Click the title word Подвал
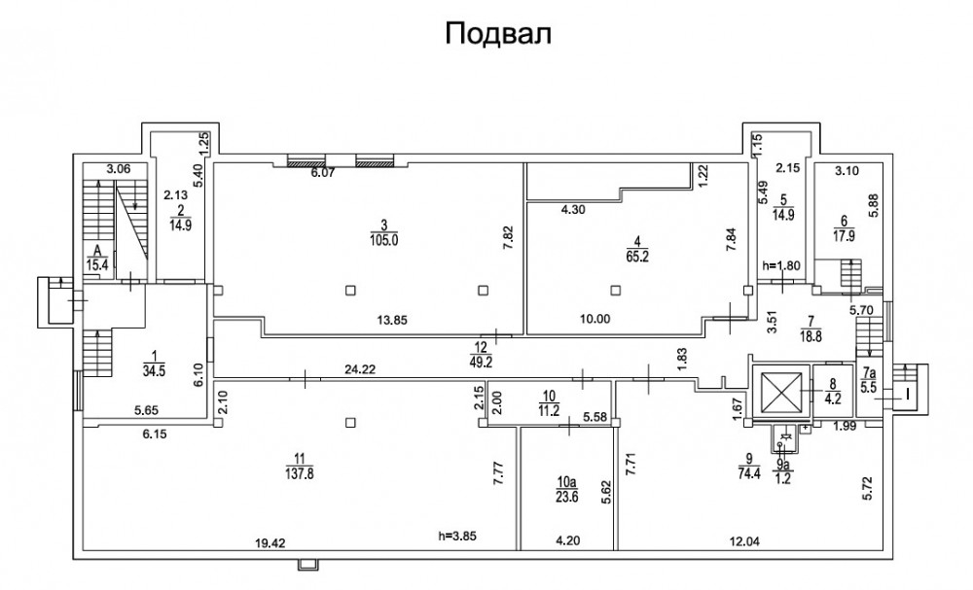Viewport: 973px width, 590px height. coord(498,34)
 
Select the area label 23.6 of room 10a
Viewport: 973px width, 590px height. coord(566,492)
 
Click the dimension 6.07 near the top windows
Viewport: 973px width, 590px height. coord(322,174)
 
